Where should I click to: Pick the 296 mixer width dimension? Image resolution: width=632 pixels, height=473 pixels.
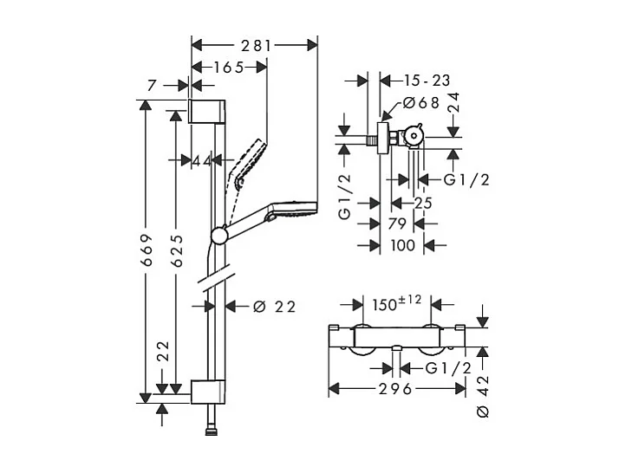coord(395,388)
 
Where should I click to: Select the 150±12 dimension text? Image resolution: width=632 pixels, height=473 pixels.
coord(396,305)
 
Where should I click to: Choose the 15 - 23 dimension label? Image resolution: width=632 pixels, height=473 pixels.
coord(427,80)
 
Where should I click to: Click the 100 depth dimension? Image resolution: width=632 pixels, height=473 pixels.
coord(403,245)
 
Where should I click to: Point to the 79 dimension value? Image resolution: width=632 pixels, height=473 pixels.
coord(398,224)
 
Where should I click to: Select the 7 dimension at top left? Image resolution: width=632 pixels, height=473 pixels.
coord(153,85)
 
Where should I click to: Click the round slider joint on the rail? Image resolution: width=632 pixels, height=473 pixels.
coord(218,234)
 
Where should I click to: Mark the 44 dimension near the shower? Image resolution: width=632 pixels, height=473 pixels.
coord(201,159)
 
